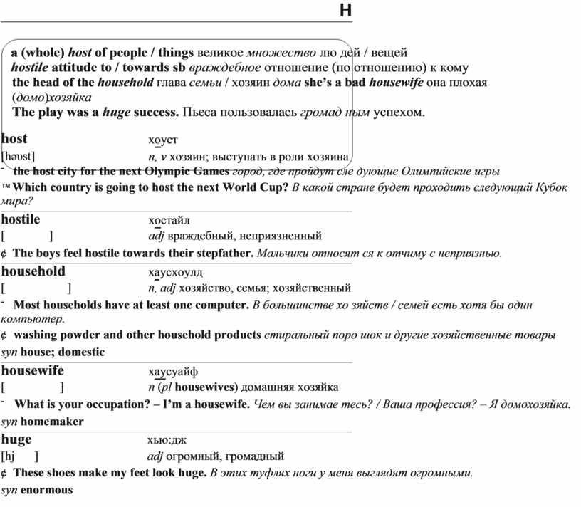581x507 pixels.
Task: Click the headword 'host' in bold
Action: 15,139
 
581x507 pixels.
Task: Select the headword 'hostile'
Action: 21,219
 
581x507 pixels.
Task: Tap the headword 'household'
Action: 33,271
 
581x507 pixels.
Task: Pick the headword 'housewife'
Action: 32,370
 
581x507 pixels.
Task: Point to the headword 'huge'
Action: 16,439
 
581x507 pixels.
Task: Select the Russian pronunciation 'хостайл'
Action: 169,219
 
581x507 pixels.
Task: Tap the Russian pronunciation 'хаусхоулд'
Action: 175,272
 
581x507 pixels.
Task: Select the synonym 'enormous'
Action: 47,490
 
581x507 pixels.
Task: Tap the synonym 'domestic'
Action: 81,352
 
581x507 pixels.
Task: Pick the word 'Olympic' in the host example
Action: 165,172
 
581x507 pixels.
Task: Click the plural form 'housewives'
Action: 206,387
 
